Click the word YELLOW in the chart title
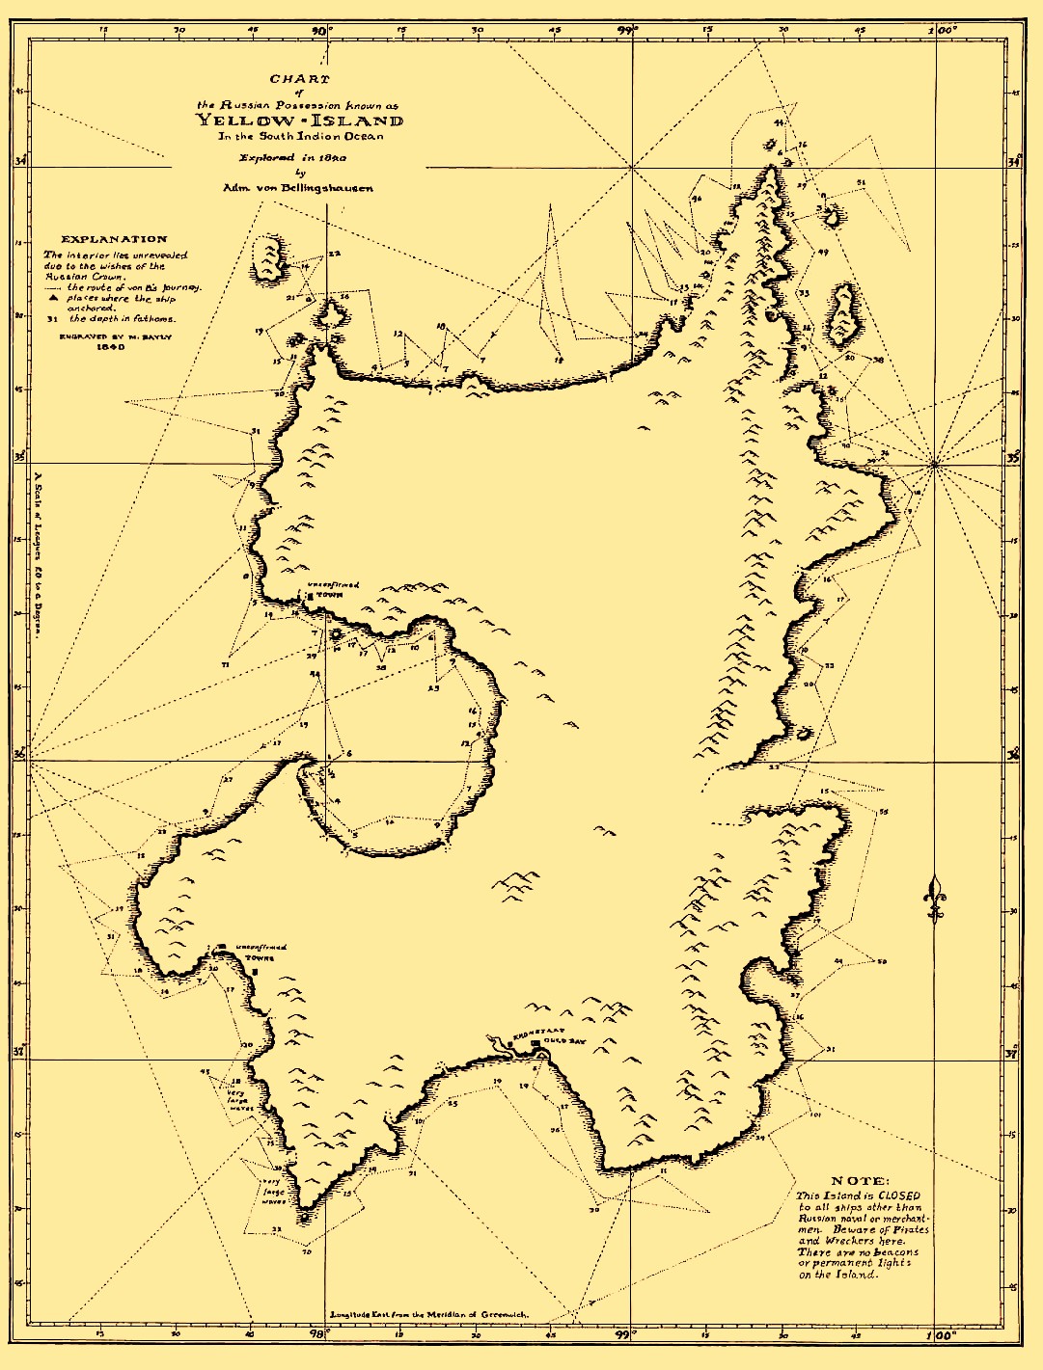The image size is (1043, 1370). pyautogui.click(x=242, y=121)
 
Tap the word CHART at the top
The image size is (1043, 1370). pyautogui.click(x=299, y=79)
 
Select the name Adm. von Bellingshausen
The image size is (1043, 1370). pyautogui.click(x=298, y=188)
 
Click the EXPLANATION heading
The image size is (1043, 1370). pyautogui.click(x=114, y=238)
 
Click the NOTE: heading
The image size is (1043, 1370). pyautogui.click(x=862, y=1181)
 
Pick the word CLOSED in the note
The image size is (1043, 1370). pyautogui.click(x=899, y=1195)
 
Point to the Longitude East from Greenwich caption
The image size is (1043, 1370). pyautogui.click(x=428, y=1314)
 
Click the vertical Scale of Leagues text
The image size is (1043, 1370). pyautogui.click(x=38, y=550)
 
